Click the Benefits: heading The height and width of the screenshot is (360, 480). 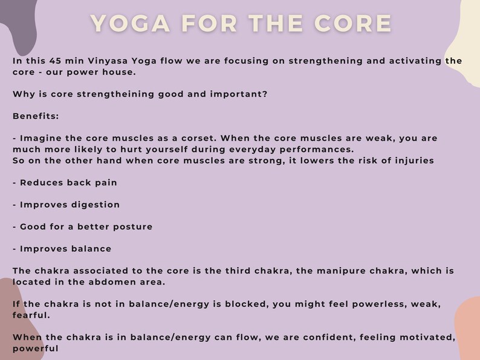(x=36, y=116)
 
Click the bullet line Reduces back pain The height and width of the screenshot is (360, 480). (x=65, y=182)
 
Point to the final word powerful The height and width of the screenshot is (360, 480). (x=36, y=349)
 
